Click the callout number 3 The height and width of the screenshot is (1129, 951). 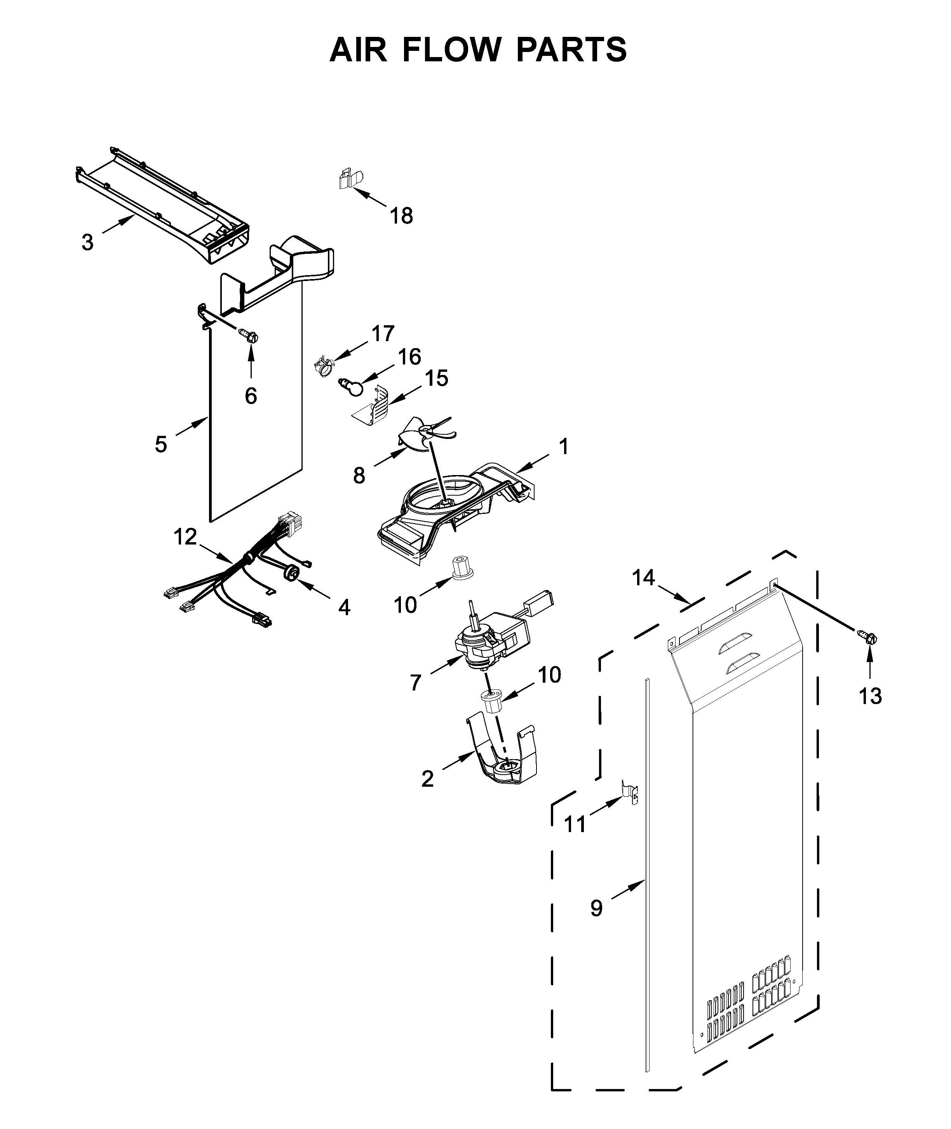87,243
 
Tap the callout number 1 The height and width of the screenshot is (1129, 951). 563,447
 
